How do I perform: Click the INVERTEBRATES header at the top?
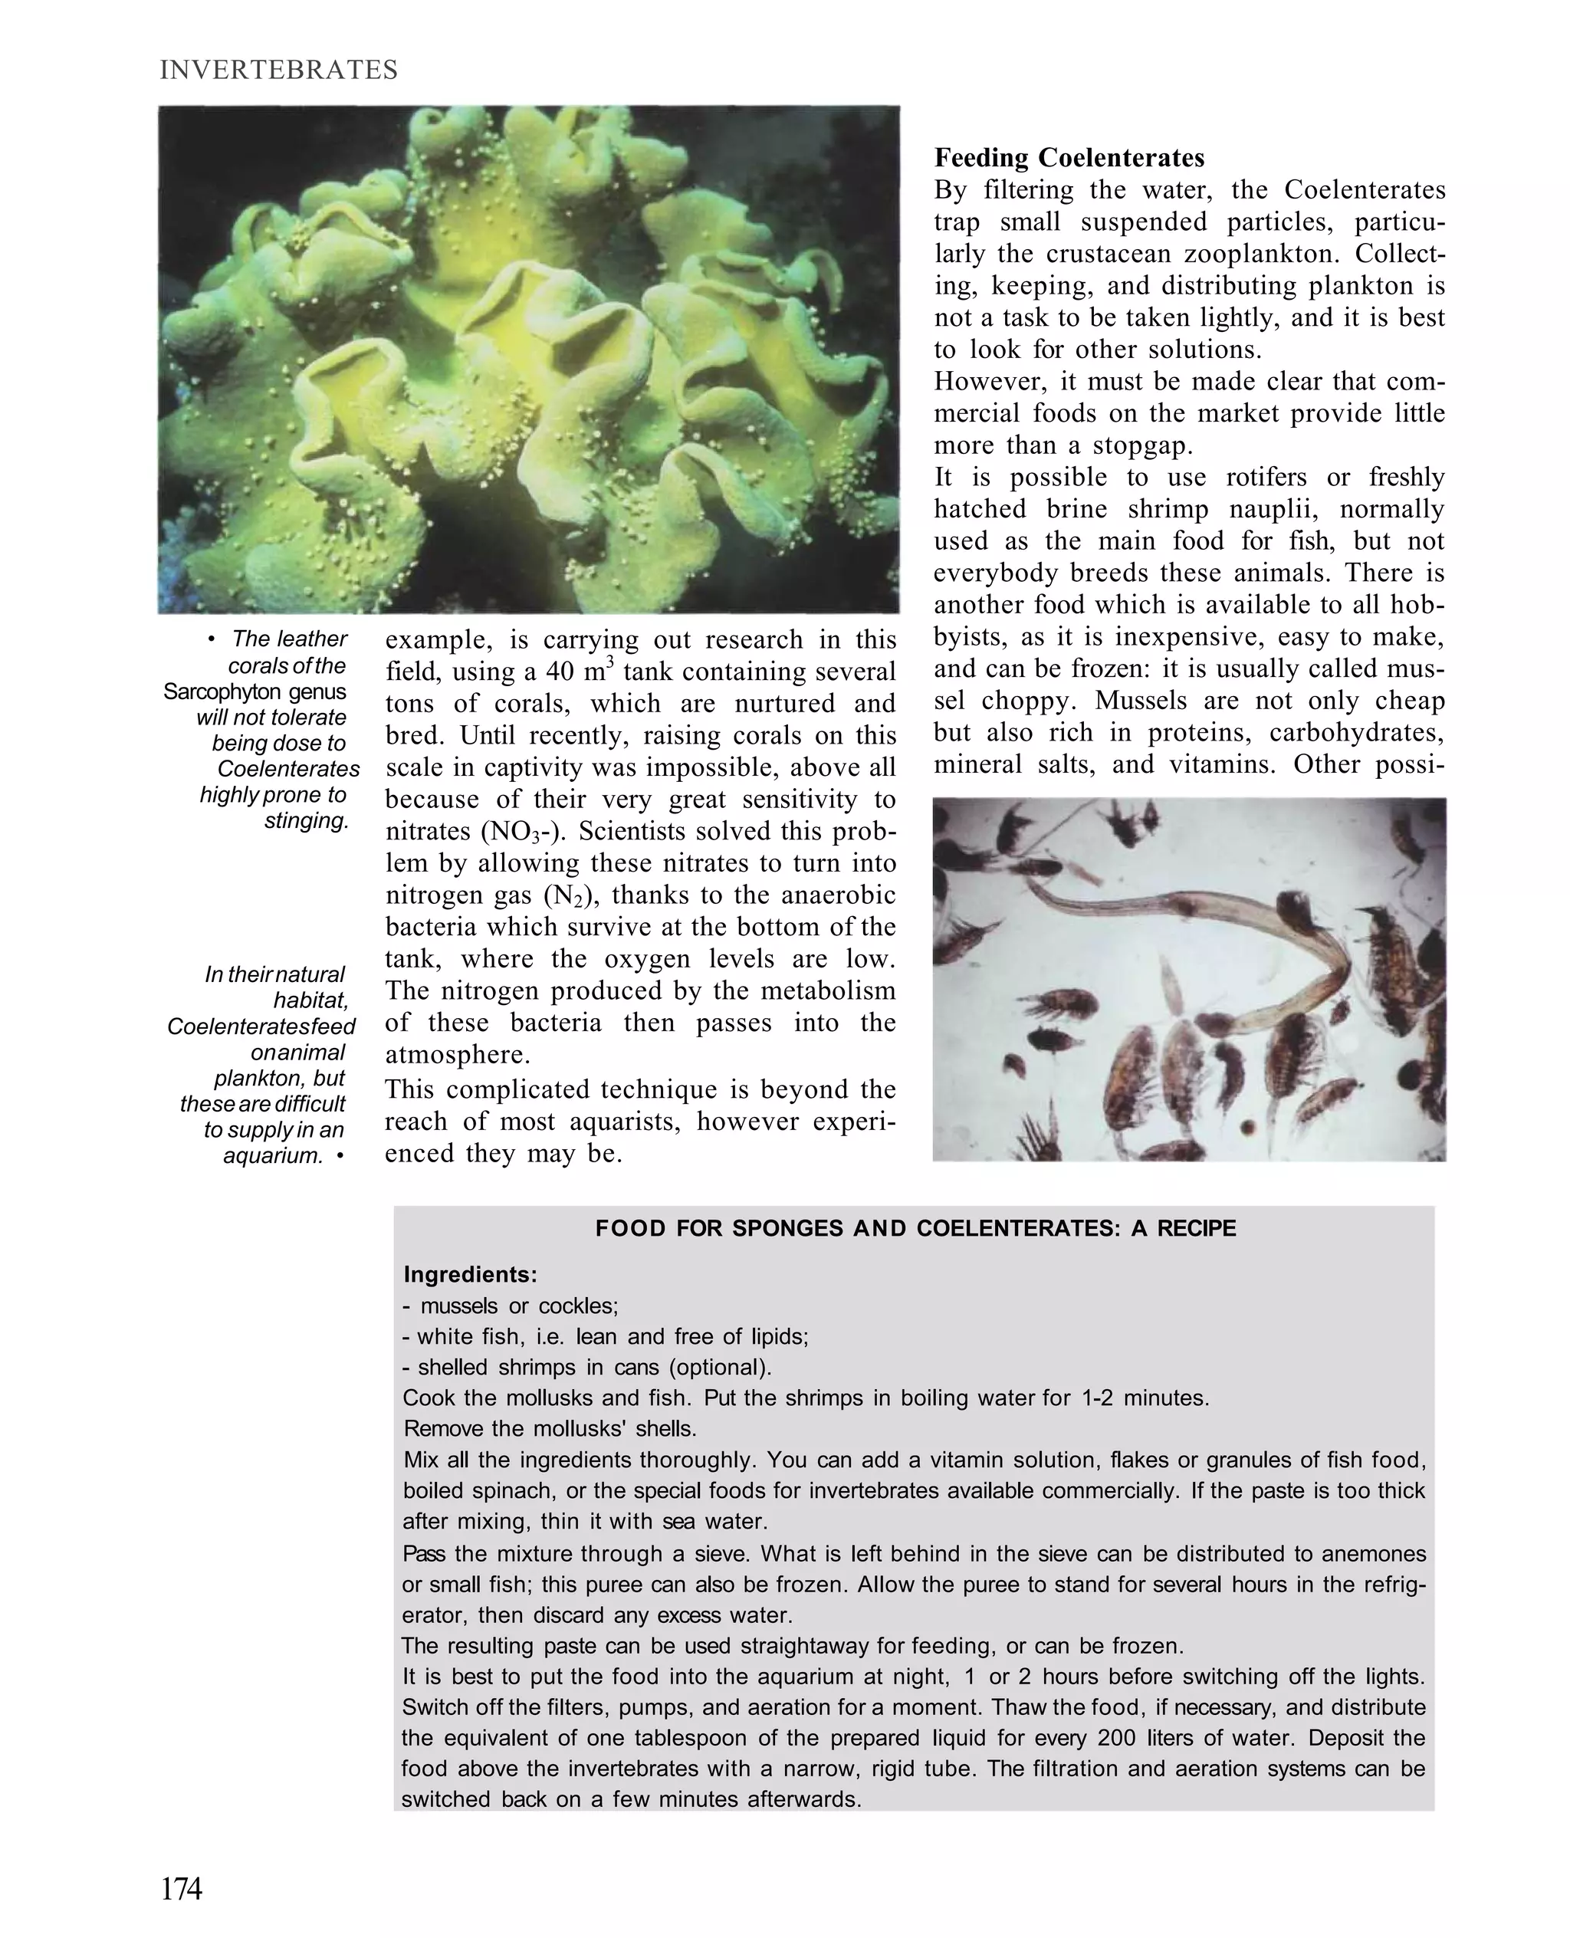(278, 71)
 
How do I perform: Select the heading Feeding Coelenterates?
(1069, 158)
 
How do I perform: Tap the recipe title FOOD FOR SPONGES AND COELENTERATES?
(915, 1228)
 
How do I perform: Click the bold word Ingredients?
(470, 1275)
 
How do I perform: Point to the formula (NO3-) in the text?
(515, 832)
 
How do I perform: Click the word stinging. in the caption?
(307, 821)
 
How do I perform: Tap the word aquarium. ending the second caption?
(273, 1156)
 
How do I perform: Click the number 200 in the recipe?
(1116, 1738)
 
